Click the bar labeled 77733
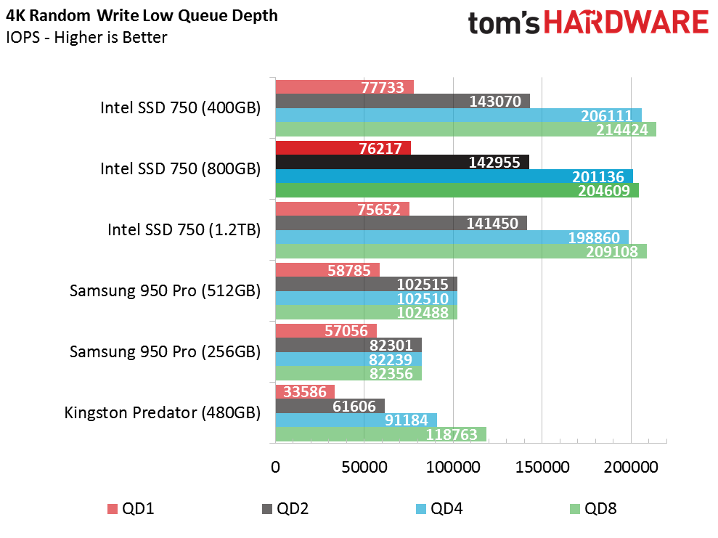(344, 87)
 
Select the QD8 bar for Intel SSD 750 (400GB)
(465, 129)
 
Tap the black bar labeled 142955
(402, 162)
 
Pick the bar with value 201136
(454, 176)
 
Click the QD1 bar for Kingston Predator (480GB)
(305, 392)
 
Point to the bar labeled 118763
(381, 434)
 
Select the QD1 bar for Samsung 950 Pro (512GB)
(327, 270)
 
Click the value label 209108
(612, 252)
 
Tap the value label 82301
(391, 346)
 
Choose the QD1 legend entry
(131, 509)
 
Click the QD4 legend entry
(440, 509)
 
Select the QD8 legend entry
(593, 509)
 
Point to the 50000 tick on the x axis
(364, 467)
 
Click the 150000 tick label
(542, 467)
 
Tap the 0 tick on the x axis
(275, 467)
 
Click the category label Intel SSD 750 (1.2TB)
(184, 229)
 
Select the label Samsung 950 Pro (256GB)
(165, 351)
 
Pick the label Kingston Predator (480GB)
(163, 412)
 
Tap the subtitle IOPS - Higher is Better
(86, 37)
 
